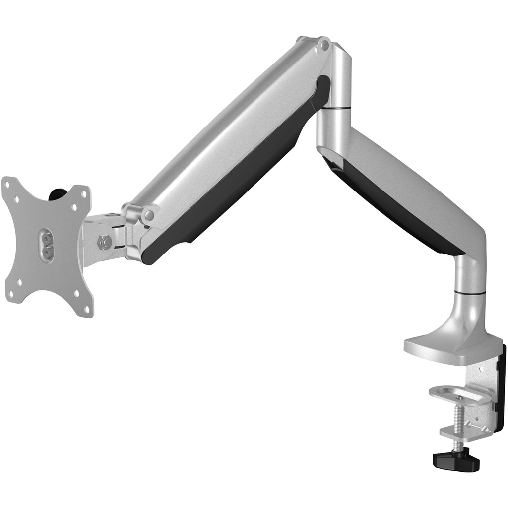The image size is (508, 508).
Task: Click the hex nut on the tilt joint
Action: [x=105, y=242]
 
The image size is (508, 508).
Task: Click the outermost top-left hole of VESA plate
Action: [x=7, y=184]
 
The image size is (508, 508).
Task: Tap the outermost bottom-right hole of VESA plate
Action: [x=87, y=309]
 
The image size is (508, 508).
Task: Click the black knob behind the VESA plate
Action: [x=58, y=193]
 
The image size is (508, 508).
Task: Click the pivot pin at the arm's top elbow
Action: [x=324, y=45]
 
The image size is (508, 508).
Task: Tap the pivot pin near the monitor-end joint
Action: [x=148, y=215]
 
